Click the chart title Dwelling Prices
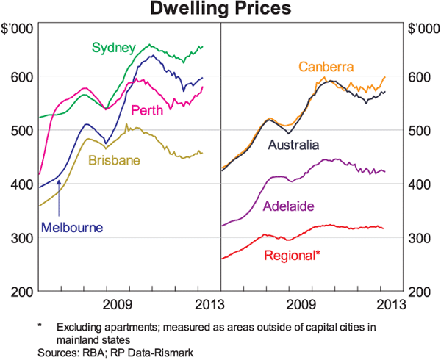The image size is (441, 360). point(220,10)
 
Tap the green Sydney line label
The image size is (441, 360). point(113,48)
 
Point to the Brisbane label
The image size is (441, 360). point(114,160)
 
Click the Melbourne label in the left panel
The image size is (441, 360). point(72,227)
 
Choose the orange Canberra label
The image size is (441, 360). point(326,67)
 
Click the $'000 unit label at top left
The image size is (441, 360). point(18,29)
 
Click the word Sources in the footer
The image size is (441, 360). point(58,353)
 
